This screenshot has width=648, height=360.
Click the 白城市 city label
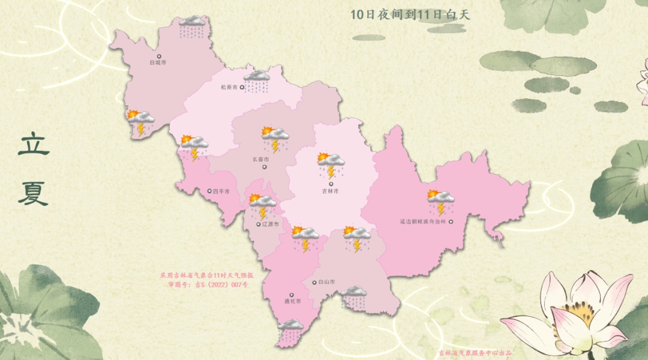pos(159,62)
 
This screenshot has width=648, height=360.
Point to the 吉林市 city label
pos(330,191)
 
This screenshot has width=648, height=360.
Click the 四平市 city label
pos(221,192)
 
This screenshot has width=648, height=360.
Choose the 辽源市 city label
pos(269,224)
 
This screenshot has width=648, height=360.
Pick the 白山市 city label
pos(327,282)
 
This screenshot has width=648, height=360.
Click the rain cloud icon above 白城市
pos(192,25)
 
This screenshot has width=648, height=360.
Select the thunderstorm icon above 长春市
pos(275,139)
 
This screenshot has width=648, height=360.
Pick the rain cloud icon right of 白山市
pos(354,296)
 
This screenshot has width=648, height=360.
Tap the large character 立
pos(34,145)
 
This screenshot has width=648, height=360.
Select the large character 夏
pos(33,193)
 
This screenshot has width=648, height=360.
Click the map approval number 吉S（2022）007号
pos(208,284)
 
